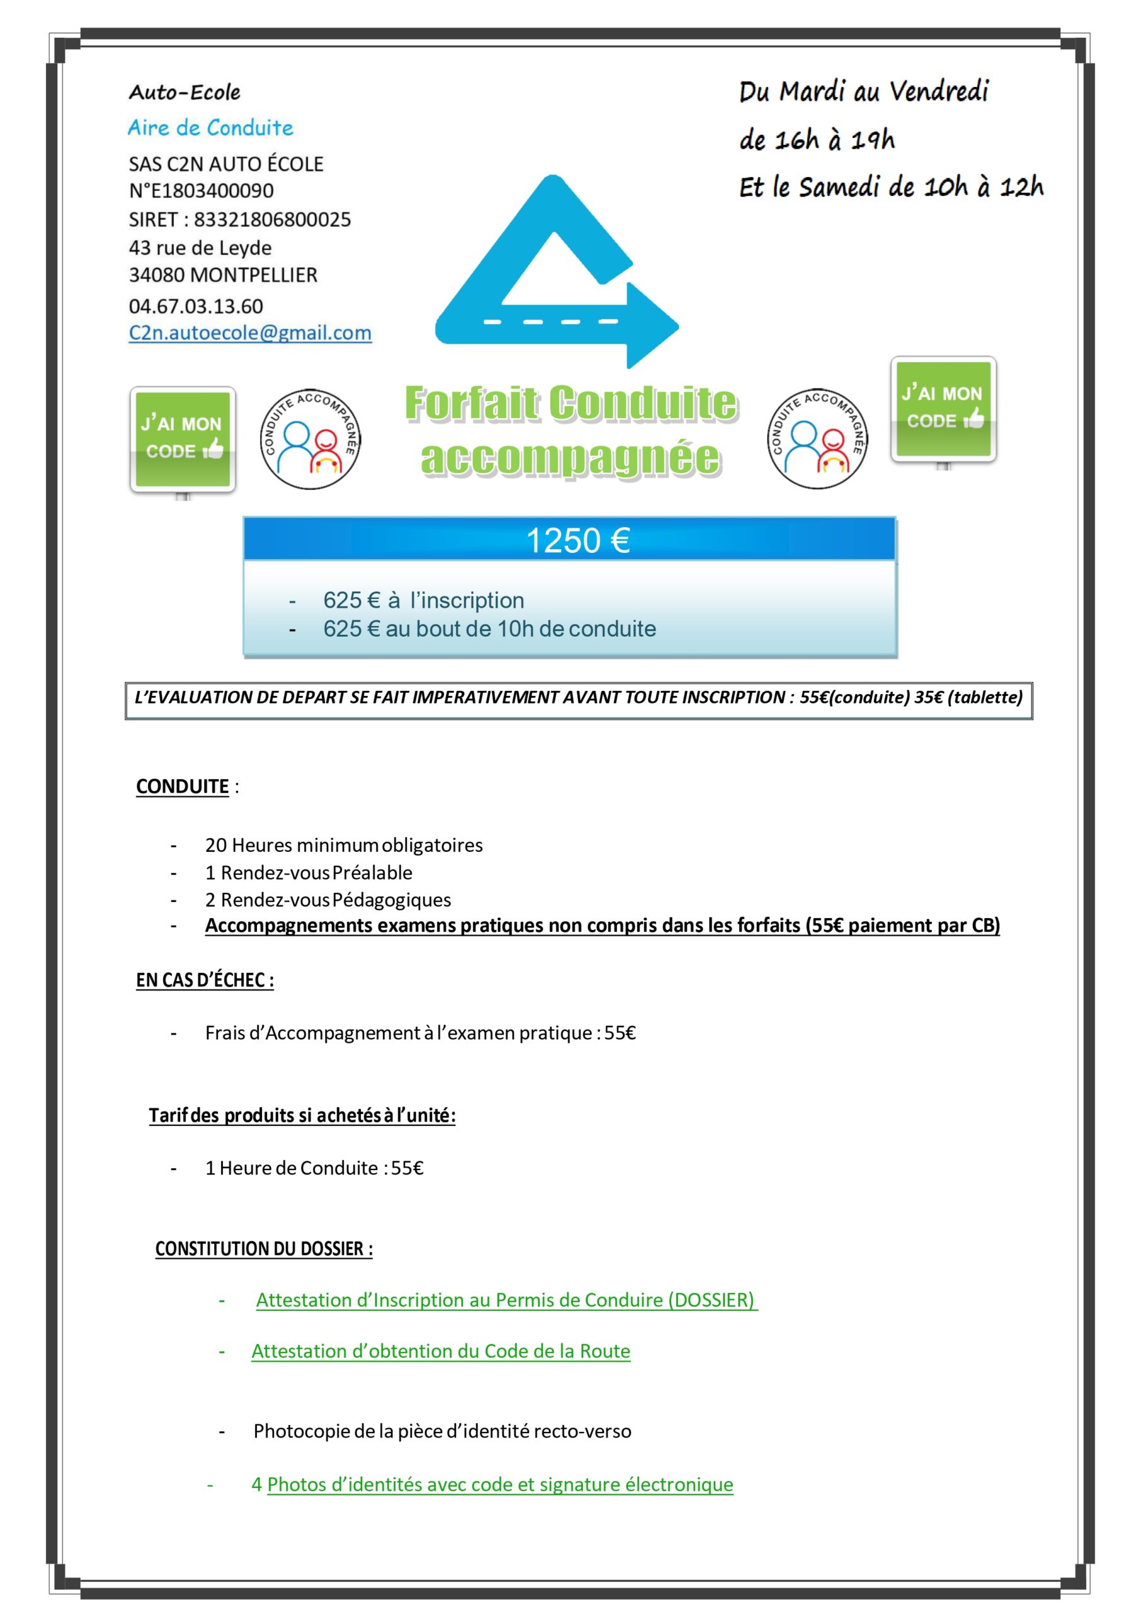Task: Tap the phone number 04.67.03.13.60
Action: click(x=195, y=306)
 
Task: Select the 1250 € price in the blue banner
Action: click(x=578, y=540)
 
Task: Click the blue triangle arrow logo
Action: click(x=555, y=274)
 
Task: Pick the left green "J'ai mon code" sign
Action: click(x=183, y=439)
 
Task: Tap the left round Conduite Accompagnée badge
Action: click(x=310, y=439)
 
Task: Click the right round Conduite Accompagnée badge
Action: click(x=817, y=439)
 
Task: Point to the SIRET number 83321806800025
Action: click(x=272, y=219)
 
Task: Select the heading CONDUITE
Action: click(x=182, y=786)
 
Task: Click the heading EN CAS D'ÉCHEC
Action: click(x=205, y=980)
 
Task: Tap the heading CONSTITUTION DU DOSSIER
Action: click(x=263, y=1248)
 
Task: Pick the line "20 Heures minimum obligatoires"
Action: click(x=343, y=844)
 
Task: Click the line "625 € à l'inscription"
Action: click(x=423, y=600)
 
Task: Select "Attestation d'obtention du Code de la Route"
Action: click(x=440, y=1350)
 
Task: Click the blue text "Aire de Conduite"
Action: click(x=210, y=128)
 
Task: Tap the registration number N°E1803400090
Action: click(x=201, y=190)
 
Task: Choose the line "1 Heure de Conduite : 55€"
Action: click(x=314, y=1168)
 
